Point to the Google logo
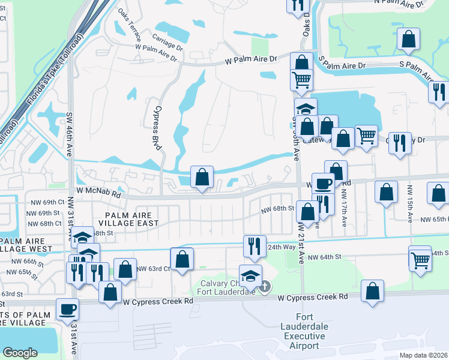20,352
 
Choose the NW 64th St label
324,257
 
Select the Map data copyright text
424,355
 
